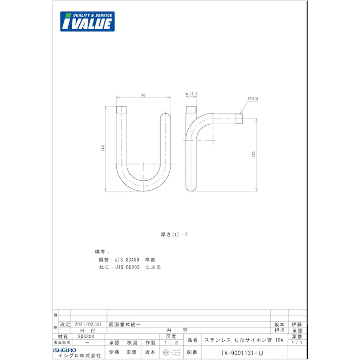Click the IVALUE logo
[87, 21]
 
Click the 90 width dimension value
[143, 95]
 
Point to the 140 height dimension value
[103, 148]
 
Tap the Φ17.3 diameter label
[191, 94]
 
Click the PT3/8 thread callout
[252, 99]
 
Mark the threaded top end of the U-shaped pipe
[122, 109]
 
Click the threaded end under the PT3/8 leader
[239, 119]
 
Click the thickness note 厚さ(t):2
[174, 234]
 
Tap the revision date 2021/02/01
[88, 325]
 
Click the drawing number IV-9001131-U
[243, 353]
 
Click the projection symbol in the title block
[171, 352]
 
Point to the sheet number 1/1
[296, 342]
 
